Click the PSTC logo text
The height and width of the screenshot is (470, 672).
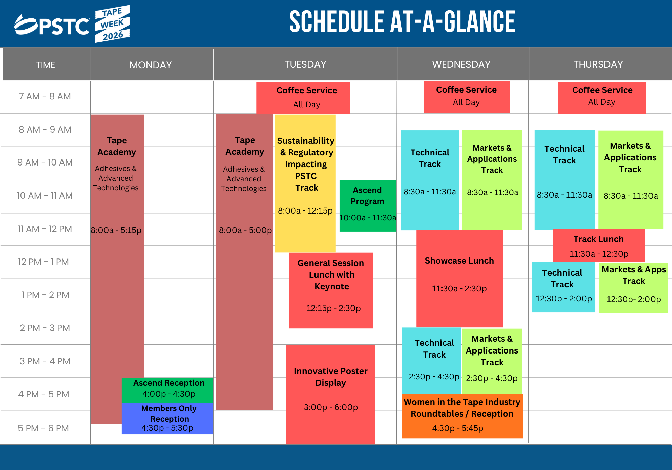tap(52, 25)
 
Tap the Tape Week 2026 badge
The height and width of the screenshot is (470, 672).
tap(112, 23)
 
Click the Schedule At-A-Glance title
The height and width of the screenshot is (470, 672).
tap(402, 22)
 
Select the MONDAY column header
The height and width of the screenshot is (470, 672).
tap(151, 65)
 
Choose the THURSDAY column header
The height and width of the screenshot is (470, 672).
tap(598, 64)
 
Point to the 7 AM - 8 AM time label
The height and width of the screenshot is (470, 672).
tap(45, 96)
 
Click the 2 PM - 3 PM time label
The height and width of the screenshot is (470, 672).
tap(45, 328)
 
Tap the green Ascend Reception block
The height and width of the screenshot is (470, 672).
tap(168, 390)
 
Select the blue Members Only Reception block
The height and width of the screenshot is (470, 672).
tap(168, 418)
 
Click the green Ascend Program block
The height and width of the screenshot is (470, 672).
tap(368, 205)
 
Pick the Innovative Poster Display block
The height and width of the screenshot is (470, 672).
tap(331, 394)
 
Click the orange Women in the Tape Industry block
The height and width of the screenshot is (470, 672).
tap(462, 416)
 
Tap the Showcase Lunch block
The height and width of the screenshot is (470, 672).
tap(459, 278)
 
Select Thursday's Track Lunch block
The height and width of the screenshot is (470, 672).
tap(599, 246)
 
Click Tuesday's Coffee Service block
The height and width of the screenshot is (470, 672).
tap(303, 98)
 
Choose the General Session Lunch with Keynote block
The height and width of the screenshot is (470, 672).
tap(331, 290)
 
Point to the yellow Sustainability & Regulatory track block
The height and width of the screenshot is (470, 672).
tap(305, 183)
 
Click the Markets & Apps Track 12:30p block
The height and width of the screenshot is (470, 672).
tap(634, 288)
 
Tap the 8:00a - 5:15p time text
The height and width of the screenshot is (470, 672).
tap(116, 230)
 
